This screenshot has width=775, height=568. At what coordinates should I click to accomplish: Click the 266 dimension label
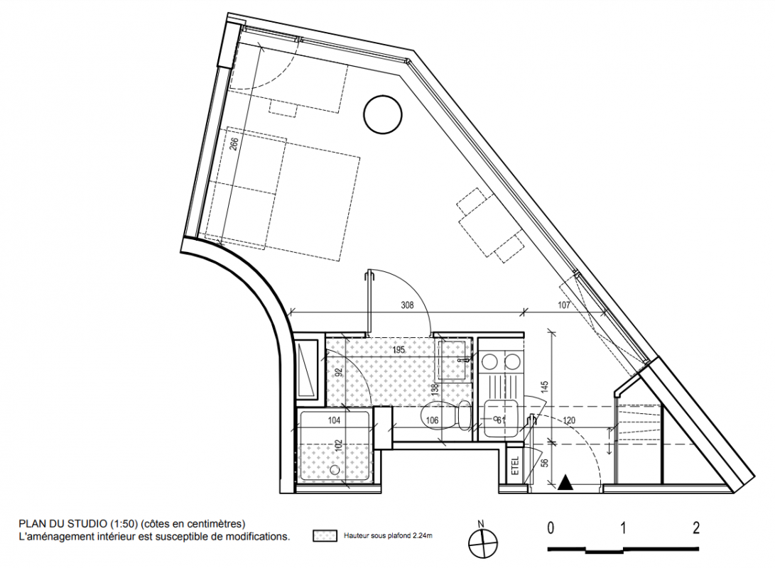coord(234,143)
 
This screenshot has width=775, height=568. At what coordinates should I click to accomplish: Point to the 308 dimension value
coord(407,305)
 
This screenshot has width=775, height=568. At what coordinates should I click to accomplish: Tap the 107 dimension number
coord(564,305)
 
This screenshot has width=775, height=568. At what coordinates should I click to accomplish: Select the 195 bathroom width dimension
coord(399,350)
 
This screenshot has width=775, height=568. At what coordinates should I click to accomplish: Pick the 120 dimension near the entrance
coord(569,420)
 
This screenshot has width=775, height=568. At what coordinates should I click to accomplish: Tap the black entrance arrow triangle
coord(565,483)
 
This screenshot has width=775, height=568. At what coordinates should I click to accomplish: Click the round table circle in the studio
coord(383,114)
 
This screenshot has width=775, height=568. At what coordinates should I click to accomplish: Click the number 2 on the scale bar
coord(696,528)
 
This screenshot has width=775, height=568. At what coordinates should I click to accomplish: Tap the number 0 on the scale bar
coord(550,528)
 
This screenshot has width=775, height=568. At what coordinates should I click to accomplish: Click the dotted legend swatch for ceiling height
coord(325,536)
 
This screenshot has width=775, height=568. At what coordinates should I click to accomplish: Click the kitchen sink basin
coord(501,418)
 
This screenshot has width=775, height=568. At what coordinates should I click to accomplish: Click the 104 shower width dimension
coord(334,420)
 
